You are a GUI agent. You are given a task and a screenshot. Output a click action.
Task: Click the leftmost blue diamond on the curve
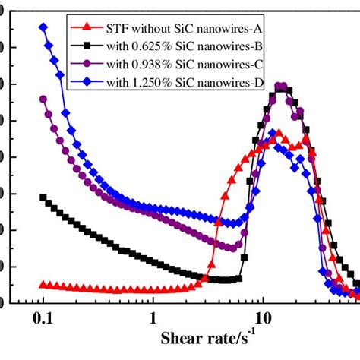tap(43, 27)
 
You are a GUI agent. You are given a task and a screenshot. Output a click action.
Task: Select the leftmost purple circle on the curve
tap(43, 99)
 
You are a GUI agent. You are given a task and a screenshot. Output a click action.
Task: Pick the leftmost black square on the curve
tap(43, 197)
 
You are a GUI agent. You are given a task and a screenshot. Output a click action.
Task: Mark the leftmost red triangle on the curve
tap(43, 284)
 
